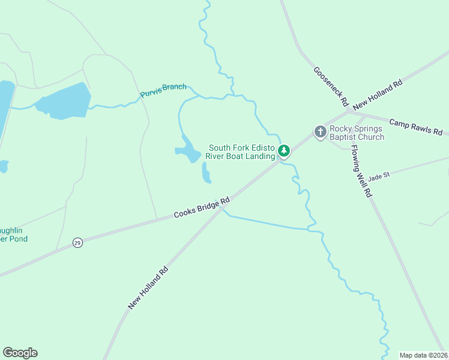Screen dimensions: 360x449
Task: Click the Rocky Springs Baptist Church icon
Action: [x=321, y=131]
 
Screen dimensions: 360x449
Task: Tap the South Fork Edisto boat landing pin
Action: [x=284, y=152]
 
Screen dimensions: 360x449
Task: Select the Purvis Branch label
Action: [x=163, y=91]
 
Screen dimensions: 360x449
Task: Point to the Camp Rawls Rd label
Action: [x=415, y=127]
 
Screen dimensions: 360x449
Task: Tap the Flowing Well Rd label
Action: [x=362, y=171]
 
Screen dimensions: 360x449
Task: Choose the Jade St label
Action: [x=379, y=176]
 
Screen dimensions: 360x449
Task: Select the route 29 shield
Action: [x=77, y=242]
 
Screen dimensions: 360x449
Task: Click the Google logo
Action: [x=20, y=353]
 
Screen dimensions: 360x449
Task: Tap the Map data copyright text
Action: [x=424, y=355]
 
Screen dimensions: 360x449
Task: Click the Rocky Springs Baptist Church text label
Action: [x=357, y=133]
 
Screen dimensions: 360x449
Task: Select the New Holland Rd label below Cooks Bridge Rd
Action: [x=148, y=288]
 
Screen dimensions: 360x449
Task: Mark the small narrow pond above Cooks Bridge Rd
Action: [x=206, y=173]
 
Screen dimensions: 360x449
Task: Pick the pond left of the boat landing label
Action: [x=189, y=150]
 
